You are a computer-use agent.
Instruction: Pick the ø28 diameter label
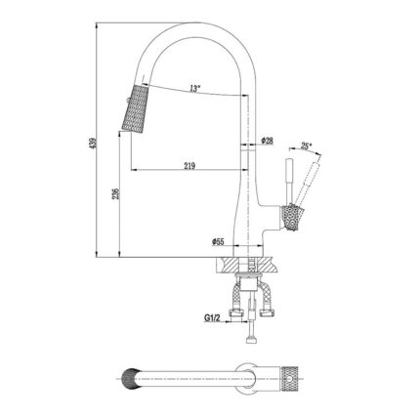pyautogui.click(x=268, y=143)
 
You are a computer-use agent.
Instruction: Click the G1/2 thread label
pyautogui.click(x=211, y=317)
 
